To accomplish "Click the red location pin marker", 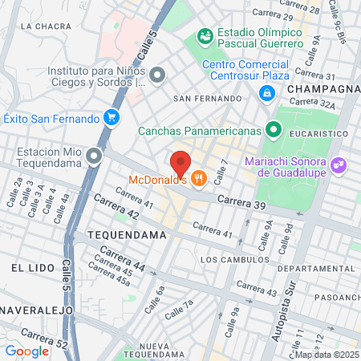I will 180,163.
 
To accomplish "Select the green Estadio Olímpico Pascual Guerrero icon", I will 205,36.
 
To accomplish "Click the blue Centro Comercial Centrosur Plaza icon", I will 265,93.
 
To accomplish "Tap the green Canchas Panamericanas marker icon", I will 274,128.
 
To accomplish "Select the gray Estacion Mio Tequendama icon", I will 95,156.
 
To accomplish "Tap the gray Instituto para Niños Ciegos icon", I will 157,75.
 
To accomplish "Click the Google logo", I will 27,351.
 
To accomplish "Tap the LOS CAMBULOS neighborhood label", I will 234,260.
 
